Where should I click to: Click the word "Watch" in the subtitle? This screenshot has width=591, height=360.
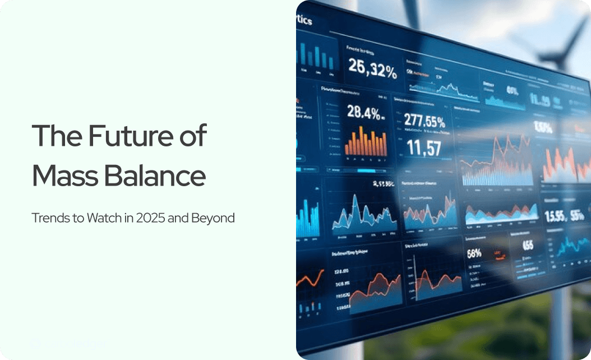point(101,218)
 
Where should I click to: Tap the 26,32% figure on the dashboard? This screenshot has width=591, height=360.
point(372,66)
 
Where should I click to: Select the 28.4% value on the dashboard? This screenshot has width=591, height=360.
point(365,112)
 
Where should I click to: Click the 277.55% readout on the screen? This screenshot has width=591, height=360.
point(424,122)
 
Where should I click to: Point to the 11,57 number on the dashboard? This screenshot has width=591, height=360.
point(423,148)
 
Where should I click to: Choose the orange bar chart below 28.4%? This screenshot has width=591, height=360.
point(365,141)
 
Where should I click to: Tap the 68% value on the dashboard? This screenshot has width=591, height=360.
point(474,253)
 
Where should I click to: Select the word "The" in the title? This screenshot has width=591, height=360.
point(55,136)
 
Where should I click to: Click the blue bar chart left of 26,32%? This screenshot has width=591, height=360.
point(317,57)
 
